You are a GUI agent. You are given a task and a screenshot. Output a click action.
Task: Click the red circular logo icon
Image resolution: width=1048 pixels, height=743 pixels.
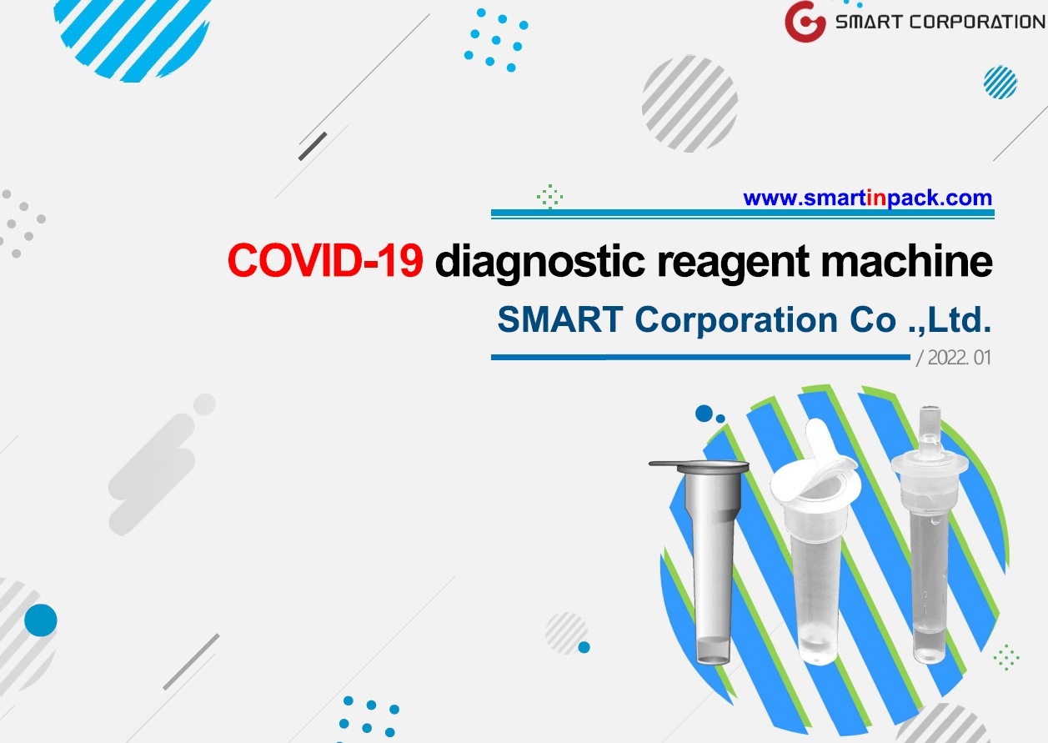805,22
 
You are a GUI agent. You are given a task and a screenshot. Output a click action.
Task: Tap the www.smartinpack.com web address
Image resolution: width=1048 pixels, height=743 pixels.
867,198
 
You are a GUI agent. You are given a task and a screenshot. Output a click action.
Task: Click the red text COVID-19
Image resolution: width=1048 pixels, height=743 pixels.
325,260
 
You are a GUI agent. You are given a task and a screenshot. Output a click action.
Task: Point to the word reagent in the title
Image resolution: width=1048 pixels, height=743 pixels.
733,265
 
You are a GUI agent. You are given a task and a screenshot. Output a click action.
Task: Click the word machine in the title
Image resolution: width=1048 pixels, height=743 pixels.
907,261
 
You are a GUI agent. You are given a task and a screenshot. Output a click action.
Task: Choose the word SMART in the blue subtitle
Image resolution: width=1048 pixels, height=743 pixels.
560,319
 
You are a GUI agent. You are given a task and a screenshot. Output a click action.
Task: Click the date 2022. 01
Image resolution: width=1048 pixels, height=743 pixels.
959,358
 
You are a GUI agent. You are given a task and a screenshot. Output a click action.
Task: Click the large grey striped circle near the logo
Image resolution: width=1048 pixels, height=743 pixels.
690,103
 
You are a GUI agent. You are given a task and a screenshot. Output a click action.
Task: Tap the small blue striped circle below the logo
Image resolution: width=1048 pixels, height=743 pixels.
1000,83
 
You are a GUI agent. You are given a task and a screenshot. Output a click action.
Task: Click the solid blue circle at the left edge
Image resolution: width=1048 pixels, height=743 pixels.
41,620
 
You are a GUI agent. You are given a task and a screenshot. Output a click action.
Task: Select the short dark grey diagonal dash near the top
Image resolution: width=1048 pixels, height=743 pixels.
313,147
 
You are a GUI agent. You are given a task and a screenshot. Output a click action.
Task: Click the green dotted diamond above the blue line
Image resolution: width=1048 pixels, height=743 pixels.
549,197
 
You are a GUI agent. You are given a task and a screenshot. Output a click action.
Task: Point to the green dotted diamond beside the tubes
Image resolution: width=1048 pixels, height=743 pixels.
1006,657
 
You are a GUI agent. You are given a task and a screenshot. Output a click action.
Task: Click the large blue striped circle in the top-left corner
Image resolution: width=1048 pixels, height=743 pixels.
133,38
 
